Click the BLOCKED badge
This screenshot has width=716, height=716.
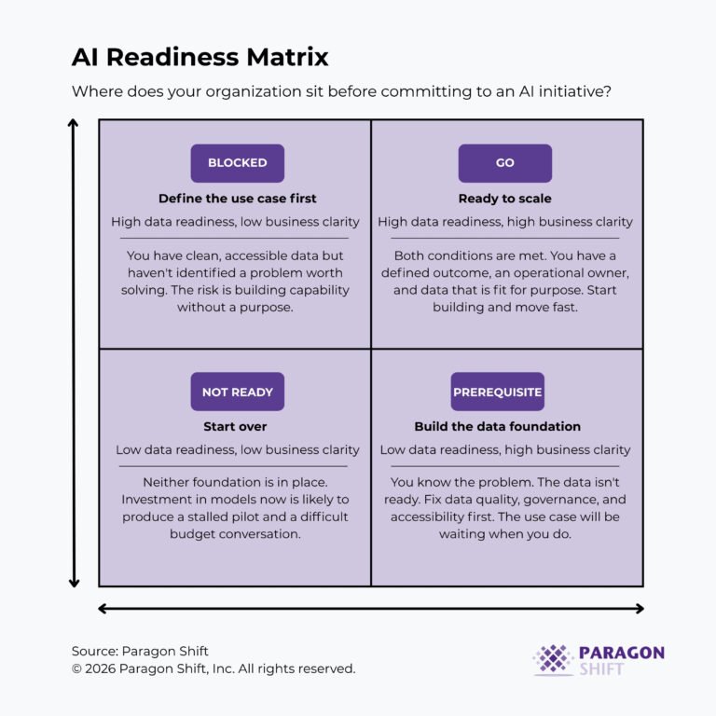(237, 163)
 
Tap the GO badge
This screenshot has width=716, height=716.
(504, 163)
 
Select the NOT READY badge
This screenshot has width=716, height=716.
(237, 392)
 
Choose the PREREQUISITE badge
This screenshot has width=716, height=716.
(498, 392)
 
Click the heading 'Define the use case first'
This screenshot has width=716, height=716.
(237, 199)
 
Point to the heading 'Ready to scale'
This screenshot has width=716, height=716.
(504, 199)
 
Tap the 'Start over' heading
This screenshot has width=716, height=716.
(235, 427)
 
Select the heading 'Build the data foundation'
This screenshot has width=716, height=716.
(498, 427)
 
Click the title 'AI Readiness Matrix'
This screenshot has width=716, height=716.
(200, 58)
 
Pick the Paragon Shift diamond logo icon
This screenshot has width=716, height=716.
(553, 660)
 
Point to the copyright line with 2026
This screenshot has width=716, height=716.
(213, 668)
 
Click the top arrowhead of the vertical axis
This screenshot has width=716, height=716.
(74, 123)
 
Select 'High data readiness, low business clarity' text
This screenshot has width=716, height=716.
(235, 222)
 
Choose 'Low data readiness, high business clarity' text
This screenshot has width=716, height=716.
(505, 450)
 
